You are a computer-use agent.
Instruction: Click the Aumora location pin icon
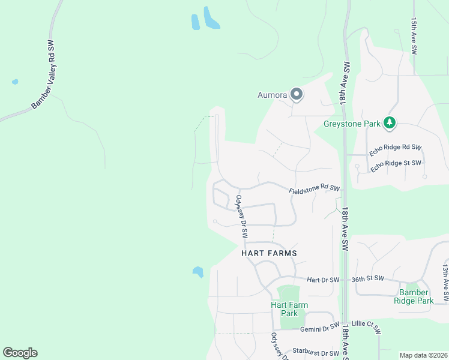coord(296,94)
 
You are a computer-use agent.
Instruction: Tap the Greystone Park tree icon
coord(390,123)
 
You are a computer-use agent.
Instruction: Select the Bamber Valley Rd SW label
coord(45,76)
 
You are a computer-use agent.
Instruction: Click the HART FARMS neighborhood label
coord(270,253)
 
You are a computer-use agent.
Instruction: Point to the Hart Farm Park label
coord(289,309)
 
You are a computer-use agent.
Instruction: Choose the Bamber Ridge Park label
coord(414,296)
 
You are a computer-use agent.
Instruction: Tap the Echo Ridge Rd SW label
coord(396,150)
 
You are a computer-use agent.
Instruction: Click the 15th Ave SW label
coord(414,37)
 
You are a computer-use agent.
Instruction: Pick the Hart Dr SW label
coord(323,280)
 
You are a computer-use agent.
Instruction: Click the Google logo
coord(20,353)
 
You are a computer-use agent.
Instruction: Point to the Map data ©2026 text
coord(423,355)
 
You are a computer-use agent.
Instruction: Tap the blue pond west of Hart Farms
coord(197,272)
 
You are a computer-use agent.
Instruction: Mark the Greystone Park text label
coord(352,124)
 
